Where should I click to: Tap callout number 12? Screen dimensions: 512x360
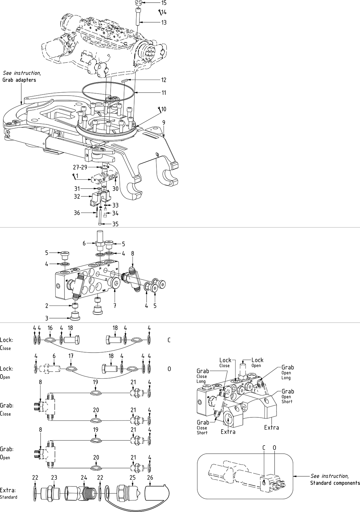coord(164,80)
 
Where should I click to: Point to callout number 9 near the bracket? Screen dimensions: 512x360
coord(164,122)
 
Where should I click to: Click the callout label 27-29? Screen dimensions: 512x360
coord(80,167)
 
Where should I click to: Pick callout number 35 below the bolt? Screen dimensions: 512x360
coord(115,224)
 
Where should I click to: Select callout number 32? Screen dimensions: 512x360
coord(77,196)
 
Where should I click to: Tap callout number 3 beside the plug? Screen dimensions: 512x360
coord(47,318)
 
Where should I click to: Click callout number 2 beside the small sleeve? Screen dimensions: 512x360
coord(47,306)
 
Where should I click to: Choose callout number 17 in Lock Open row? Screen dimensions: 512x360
coord(71,356)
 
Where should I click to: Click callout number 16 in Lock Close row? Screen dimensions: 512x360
coord(50,328)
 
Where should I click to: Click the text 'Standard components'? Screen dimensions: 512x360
coord(335,483)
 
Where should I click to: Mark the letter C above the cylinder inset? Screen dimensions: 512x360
coord(264,447)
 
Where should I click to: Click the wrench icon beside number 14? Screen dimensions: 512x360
coord(160,12)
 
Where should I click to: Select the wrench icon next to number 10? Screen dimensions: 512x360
coord(159,109)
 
